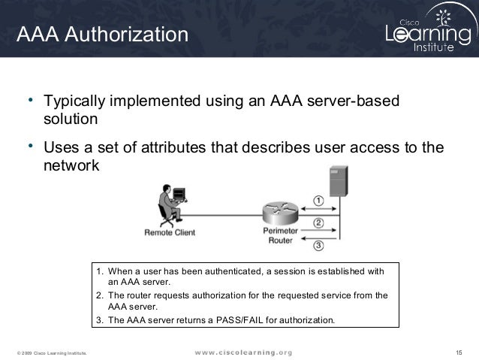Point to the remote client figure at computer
click(170, 204)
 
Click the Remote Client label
click(169, 232)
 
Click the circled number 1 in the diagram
click(318, 201)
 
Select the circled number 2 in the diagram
click(318, 222)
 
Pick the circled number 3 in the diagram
click(318, 244)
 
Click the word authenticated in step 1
click(214, 271)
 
